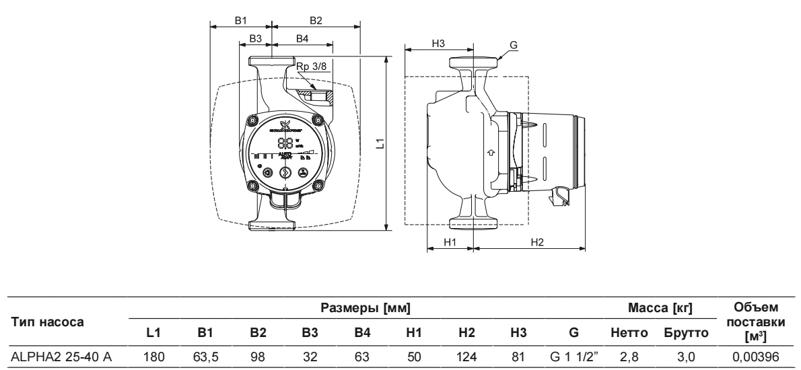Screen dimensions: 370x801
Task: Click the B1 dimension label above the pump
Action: click(240, 21)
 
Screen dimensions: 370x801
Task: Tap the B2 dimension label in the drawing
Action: click(315, 21)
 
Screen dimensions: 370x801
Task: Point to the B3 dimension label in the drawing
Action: click(254, 40)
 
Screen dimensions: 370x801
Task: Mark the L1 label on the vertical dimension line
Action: click(380, 143)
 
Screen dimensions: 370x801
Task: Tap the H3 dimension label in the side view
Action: click(438, 42)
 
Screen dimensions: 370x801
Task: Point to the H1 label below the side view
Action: click(450, 242)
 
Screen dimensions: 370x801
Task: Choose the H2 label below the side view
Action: click(536, 242)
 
